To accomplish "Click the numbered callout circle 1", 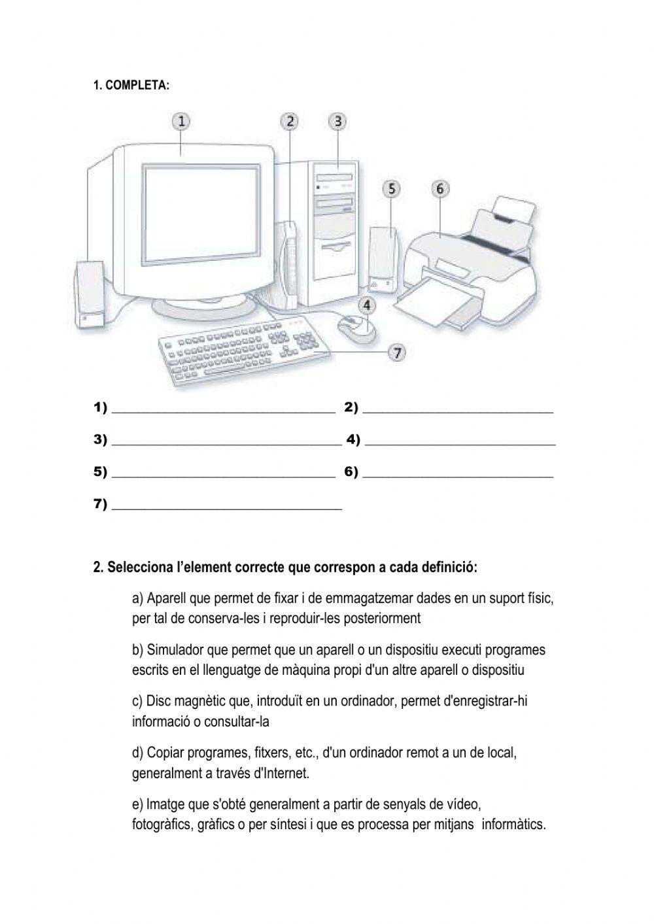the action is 181,121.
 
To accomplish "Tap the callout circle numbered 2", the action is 290,121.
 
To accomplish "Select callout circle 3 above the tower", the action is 337,121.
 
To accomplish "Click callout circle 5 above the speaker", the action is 391,189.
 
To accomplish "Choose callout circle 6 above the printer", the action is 439,189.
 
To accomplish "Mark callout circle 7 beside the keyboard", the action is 397,352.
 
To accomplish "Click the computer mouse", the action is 357,326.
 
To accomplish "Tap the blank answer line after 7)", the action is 227,507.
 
